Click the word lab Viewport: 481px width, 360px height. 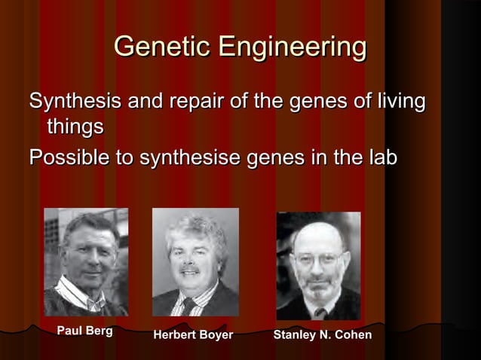pyautogui.click(x=381, y=158)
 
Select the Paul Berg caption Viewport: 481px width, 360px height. pyautogui.click(x=84, y=331)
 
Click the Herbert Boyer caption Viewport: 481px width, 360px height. pyautogui.click(x=193, y=334)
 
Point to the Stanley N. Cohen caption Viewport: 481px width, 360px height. pyautogui.click(x=322, y=334)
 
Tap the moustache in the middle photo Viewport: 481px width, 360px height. pyautogui.click(x=190, y=268)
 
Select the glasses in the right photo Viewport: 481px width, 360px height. pyautogui.click(x=317, y=260)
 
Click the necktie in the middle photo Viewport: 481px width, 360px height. pyautogui.click(x=188, y=305)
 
